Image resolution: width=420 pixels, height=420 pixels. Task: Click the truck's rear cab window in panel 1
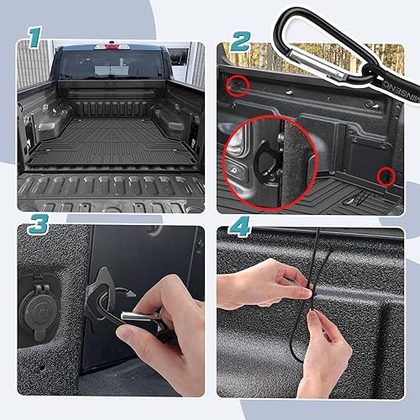(x=110, y=65)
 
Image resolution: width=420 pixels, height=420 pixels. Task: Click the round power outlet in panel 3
(x=41, y=303)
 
